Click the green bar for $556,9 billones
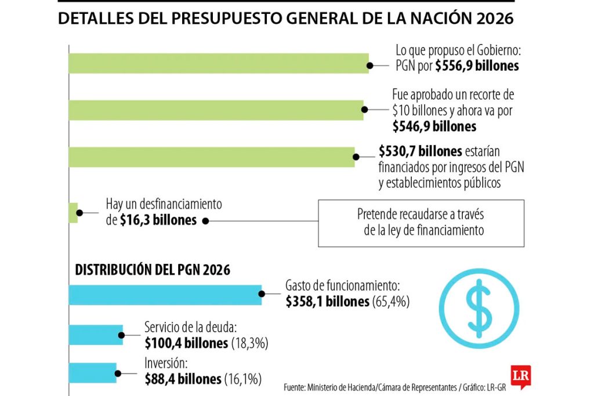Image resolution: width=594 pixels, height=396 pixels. pyautogui.click(x=218, y=63)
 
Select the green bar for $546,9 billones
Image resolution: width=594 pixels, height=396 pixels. pyautogui.click(x=216, y=110)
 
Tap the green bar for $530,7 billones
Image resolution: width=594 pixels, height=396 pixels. pyautogui.click(x=211, y=157)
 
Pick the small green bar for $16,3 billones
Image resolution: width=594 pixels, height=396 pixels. pyautogui.click(x=73, y=213)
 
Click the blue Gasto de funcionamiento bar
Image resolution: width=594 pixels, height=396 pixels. pyautogui.click(x=165, y=295)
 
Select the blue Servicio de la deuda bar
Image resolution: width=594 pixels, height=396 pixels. pyautogui.click(x=95, y=335)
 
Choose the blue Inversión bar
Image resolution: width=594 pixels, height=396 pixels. pyautogui.click(x=92, y=372)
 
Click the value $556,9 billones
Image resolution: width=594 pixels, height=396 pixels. pyautogui.click(x=477, y=66)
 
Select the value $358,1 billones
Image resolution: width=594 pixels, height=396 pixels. pyautogui.click(x=327, y=301)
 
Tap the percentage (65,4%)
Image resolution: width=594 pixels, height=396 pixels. pyautogui.click(x=391, y=301)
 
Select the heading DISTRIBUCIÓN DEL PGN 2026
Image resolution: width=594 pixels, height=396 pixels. pyautogui.click(x=153, y=270)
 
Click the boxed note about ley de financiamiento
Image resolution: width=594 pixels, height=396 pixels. pyautogui.click(x=421, y=223)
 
